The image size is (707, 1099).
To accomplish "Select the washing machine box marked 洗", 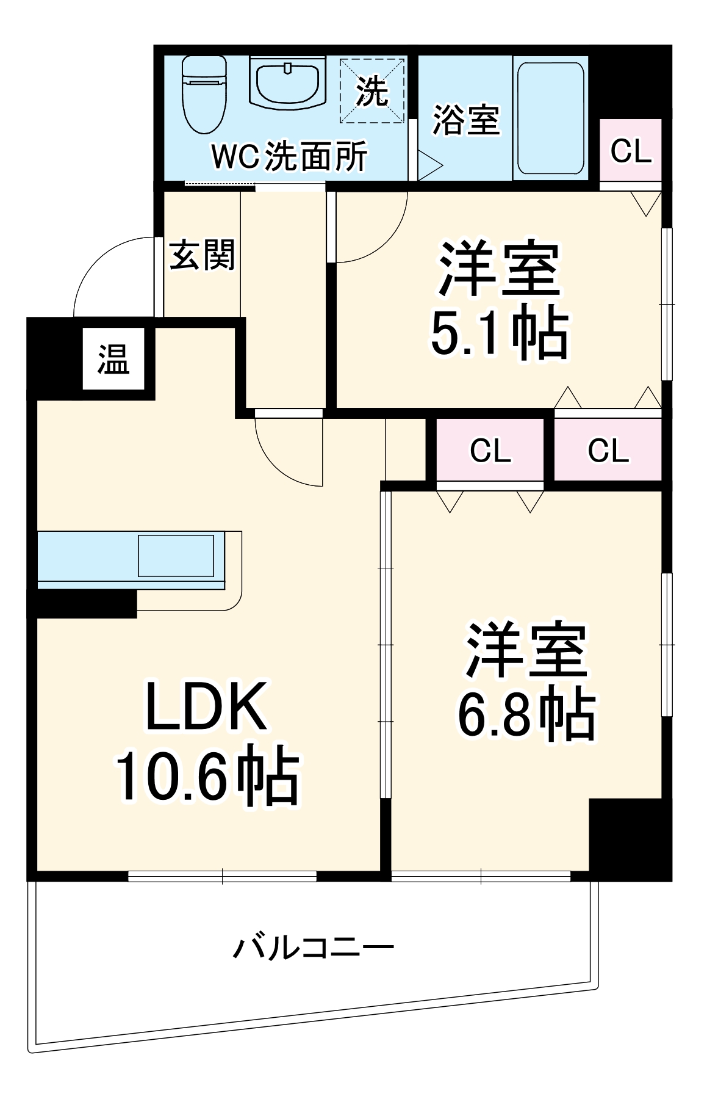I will [x=372, y=90].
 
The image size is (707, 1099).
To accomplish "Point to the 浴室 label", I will [x=466, y=120].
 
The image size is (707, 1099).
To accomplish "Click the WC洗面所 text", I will [x=289, y=157].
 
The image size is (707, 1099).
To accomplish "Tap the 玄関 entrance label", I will [x=202, y=255].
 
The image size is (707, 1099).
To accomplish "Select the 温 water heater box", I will [x=114, y=358].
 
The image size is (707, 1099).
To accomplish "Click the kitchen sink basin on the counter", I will [x=176, y=556].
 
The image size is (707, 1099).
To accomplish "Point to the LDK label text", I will [x=206, y=706].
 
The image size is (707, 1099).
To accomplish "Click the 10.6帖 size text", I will [x=207, y=777].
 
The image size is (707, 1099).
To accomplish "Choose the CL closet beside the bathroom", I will [x=631, y=150].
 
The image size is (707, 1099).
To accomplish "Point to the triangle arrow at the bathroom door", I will [x=429, y=164].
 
